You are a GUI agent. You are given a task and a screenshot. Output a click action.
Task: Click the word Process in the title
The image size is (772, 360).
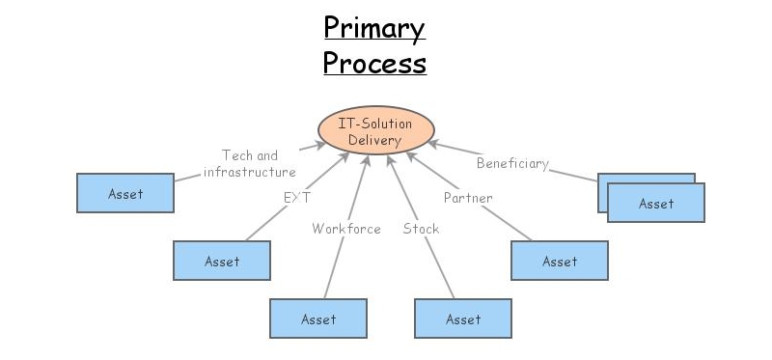374,63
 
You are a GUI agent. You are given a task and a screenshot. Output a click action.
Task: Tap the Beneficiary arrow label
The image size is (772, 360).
512,163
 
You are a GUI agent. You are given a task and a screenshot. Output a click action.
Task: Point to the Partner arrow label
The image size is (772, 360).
468,198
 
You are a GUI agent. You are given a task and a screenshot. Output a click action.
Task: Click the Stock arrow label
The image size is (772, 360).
421,229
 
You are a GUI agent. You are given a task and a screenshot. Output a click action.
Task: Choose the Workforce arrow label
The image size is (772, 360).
346,229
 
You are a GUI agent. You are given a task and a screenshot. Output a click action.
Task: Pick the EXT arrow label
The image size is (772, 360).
296,198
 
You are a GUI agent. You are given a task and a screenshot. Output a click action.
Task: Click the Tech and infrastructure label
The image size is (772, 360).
250,163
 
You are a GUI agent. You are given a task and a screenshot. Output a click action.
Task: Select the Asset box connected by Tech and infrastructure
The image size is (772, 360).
125,193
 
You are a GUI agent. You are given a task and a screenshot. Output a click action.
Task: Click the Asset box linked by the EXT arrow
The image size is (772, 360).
222,261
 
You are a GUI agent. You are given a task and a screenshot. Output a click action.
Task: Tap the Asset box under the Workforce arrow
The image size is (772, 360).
318,318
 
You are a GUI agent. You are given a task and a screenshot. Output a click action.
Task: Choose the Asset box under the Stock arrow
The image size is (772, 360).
463,318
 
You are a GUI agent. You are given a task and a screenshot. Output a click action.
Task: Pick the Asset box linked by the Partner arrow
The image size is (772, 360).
560,261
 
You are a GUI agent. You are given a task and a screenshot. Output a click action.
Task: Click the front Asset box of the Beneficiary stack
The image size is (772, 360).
656,204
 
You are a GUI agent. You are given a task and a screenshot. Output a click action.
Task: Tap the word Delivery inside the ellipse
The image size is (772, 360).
375,141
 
